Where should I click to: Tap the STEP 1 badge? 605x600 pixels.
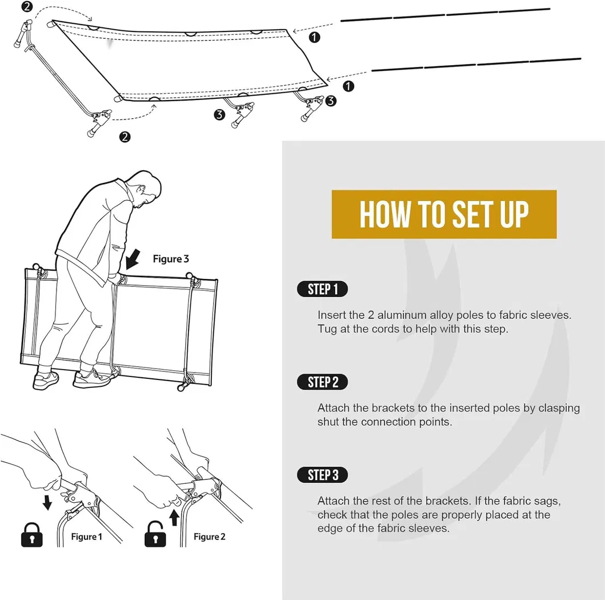coord(323,289)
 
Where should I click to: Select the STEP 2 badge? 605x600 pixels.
coord(323,382)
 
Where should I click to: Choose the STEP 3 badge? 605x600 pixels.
coord(323,475)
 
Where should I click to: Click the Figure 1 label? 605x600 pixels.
coord(86,537)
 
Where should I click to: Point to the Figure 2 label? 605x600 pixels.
coord(210,537)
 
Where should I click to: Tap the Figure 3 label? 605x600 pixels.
coord(171,259)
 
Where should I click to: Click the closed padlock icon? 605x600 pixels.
coord(31,535)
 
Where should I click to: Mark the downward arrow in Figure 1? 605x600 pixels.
coord(47,503)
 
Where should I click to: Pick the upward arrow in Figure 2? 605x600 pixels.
coord(174,517)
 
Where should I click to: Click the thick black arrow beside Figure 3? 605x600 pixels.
coord(133,258)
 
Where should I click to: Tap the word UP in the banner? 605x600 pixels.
coord(514,214)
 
